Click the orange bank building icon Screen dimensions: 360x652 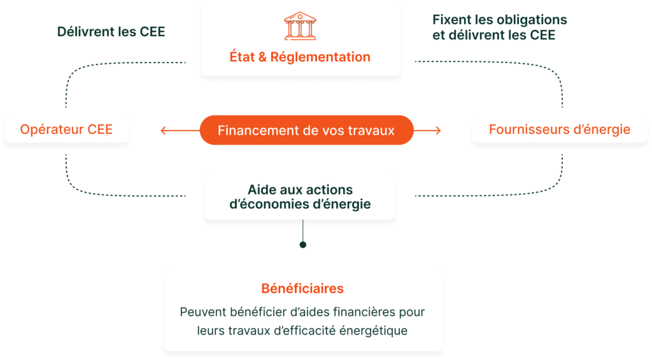coord(300,25)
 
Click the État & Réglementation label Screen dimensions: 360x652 coord(300,57)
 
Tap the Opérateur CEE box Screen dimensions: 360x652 coord(66,130)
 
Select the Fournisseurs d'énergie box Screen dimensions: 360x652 coord(560,130)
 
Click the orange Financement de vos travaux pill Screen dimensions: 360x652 coord(306,131)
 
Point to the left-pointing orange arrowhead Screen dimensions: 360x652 coord(163,131)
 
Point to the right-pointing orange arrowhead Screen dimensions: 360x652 coord(437,131)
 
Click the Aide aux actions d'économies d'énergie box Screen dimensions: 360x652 coord(300,197)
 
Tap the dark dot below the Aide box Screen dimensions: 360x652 coord(303,245)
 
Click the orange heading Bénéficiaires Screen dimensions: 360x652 coord(302,289)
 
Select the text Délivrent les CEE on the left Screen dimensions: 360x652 coord(111,32)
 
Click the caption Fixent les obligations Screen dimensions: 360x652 coord(499,20)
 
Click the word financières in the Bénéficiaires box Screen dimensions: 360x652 coord(369,313)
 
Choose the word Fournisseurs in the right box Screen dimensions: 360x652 coord(524,130)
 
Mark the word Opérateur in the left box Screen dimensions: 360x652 coord(49,130)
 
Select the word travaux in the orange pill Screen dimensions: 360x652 coord(371,131)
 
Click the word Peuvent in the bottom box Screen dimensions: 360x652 coord(202,313)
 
